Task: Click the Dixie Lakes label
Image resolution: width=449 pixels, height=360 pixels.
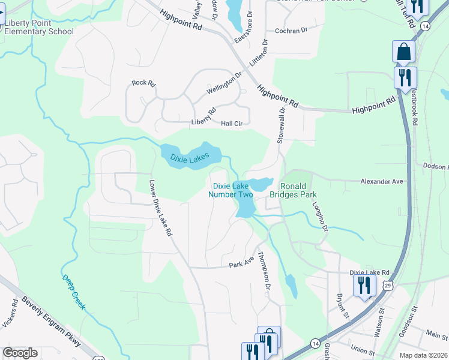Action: click(189, 158)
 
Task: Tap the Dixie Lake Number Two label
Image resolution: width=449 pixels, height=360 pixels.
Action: click(230, 190)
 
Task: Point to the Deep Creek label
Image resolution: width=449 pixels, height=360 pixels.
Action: click(73, 292)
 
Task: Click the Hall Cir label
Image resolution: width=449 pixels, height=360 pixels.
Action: click(231, 123)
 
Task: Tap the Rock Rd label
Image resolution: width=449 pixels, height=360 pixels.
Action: click(143, 83)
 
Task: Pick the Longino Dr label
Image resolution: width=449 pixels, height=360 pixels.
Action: click(320, 216)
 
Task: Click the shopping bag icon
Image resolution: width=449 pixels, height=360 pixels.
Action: click(403, 52)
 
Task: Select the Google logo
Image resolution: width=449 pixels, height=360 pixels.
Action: click(20, 352)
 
